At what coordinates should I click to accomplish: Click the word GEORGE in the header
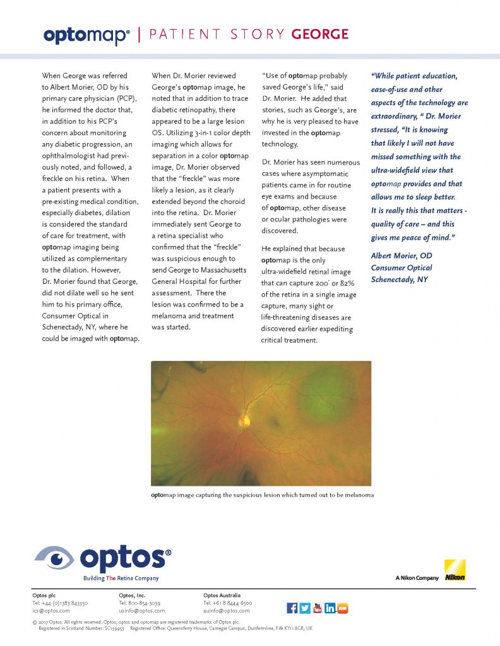tap(319, 34)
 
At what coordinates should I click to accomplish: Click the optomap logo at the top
tap(86, 35)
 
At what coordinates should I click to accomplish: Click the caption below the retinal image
tap(262, 495)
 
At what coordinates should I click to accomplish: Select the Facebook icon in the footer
tap(292, 608)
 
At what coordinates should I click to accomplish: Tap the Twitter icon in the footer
tap(305, 608)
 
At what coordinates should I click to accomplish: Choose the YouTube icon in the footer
tap(318, 608)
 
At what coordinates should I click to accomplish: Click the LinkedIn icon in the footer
tap(330, 608)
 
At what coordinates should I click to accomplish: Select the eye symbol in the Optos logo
tap(56, 559)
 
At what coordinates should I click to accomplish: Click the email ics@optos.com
tap(51, 611)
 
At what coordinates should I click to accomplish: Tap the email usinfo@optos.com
tap(141, 611)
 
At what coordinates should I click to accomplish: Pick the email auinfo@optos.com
tap(226, 611)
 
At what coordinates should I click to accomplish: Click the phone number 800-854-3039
tap(145, 603)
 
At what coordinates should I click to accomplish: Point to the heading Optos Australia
tap(222, 595)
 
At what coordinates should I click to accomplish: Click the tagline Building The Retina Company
tap(121, 578)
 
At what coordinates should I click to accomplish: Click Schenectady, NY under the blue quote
tap(400, 279)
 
